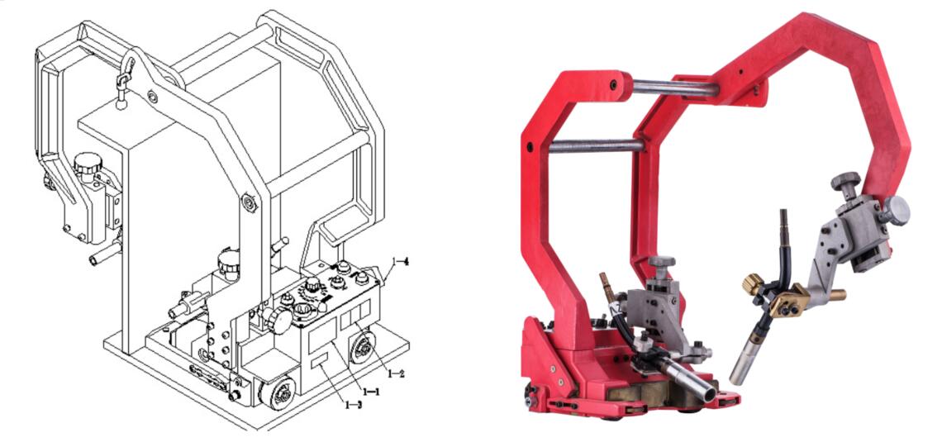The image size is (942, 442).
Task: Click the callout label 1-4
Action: (400, 261)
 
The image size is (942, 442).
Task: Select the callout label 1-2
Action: (396, 374)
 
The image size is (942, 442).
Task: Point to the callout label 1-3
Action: (354, 406)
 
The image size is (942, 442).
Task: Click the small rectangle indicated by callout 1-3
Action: (319, 362)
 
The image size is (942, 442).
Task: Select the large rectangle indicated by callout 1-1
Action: (322, 335)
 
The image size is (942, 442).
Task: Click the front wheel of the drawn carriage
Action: (277, 393)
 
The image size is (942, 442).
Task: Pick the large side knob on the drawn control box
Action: (278, 321)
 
